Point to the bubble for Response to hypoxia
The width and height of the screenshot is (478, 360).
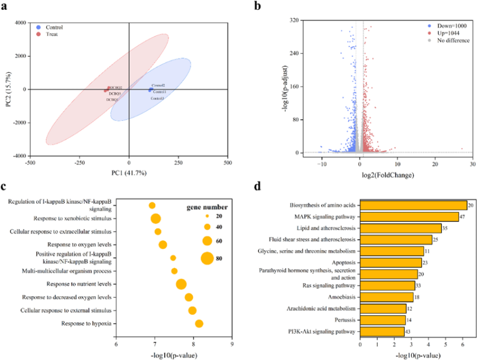pyautogui.click(x=199, y=324)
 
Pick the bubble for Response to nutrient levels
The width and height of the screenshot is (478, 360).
pyautogui.click(x=181, y=284)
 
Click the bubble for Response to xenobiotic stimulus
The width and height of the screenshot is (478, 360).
pyautogui.click(x=156, y=219)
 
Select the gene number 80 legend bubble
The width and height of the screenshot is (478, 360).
pyautogui.click(x=207, y=258)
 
